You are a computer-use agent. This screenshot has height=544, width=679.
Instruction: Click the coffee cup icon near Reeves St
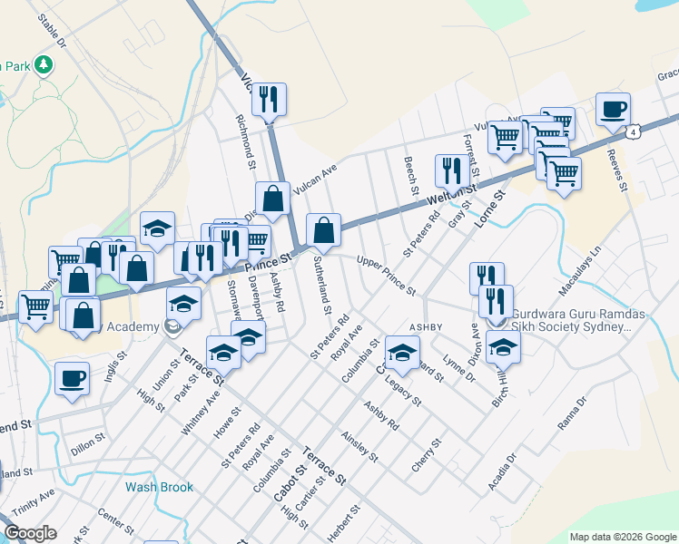coord(613,110)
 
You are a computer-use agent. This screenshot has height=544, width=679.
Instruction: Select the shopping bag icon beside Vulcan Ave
coord(272,198)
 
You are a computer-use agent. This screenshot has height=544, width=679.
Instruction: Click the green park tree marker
coord(43,64)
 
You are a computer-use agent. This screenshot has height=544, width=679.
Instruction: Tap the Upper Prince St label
coord(386,277)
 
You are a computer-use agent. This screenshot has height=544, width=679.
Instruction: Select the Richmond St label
coord(245,141)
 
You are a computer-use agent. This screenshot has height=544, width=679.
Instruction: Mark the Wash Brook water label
coord(159,487)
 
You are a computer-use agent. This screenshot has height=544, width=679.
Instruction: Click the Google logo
coord(30,532)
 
